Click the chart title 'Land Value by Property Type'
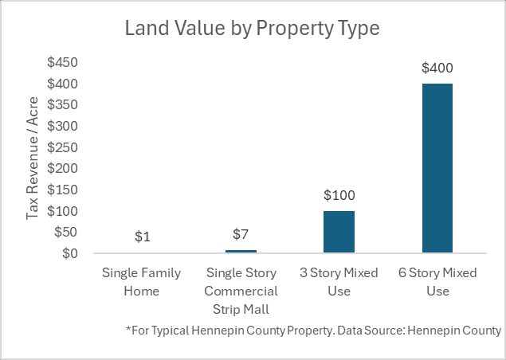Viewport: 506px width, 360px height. [253, 29]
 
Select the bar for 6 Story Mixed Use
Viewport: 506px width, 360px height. [437, 168]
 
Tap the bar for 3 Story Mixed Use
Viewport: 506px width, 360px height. [339, 232]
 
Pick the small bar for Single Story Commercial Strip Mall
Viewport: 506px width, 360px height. [241, 251]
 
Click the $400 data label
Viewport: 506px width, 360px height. [437, 68]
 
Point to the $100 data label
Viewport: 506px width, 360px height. [339, 195]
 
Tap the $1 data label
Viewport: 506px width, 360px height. [142, 237]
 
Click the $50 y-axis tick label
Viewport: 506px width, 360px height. [65, 233]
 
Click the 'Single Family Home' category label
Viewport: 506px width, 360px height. [142, 282]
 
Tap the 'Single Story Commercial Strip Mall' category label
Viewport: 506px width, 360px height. [241, 291]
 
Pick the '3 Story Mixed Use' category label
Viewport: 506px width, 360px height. [339, 282]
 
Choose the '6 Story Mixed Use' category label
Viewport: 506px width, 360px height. [437, 282]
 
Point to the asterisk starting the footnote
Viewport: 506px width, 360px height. [128, 329]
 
